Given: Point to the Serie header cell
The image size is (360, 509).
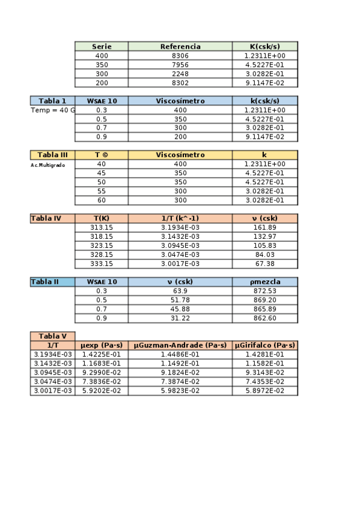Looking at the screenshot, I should (102, 46).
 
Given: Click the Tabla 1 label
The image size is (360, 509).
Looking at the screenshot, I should (52, 101).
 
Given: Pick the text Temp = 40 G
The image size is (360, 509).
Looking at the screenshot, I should (53, 110).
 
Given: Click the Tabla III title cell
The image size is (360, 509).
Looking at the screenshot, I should (52, 155).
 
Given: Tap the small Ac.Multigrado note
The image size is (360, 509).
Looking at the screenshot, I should (47, 164).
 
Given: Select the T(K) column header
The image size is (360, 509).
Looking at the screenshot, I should (102, 218).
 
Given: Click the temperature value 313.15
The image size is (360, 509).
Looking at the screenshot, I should (102, 227).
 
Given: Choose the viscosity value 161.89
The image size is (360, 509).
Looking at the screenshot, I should (264, 227).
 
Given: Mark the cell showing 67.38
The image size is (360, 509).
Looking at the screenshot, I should (264, 264).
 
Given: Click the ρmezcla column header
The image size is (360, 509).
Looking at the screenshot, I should (264, 282).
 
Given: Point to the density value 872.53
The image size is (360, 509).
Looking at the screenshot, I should (264, 291).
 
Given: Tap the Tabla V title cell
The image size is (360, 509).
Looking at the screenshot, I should (52, 336).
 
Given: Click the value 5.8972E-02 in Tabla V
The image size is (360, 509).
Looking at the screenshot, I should (264, 390).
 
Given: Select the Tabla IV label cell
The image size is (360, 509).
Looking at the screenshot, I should (52, 218).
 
